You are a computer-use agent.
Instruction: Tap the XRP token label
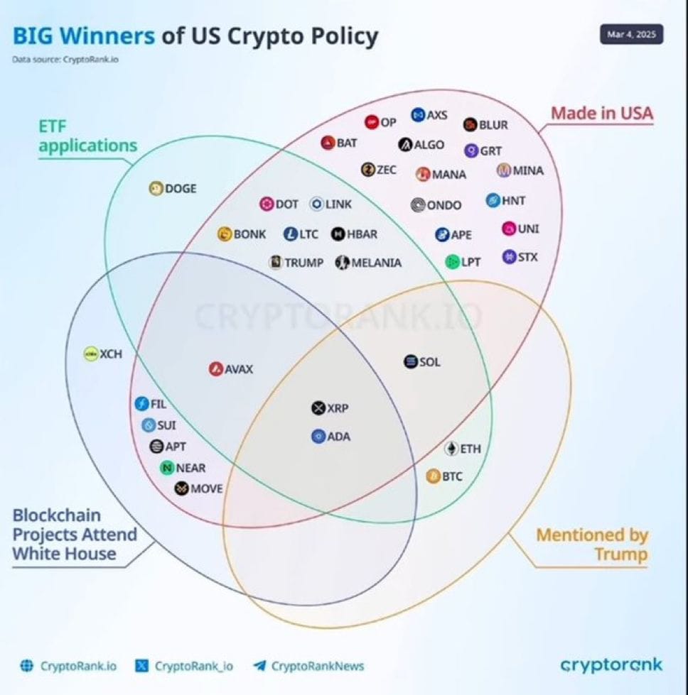point(338,408)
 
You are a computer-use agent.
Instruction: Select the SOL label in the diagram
point(429,362)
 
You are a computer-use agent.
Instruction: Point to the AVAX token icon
point(216,368)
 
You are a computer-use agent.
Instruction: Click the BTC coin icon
point(433,476)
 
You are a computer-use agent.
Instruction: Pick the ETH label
point(471,449)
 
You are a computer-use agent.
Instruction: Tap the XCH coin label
point(111,354)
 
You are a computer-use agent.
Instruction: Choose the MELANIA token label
point(376,263)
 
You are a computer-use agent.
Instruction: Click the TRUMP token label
point(303,263)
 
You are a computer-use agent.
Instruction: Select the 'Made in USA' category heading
point(602,113)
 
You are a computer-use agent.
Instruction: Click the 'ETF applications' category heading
point(87,136)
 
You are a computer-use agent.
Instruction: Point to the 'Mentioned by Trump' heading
point(592,544)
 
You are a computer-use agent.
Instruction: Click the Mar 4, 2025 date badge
point(631,34)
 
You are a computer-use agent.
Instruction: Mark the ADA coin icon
point(318,437)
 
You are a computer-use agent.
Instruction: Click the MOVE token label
point(206,488)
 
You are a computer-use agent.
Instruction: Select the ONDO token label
point(444,205)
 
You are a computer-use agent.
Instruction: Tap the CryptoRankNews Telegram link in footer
point(317,666)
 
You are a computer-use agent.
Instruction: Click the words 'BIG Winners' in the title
point(83,36)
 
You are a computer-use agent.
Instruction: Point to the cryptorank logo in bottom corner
point(611,664)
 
